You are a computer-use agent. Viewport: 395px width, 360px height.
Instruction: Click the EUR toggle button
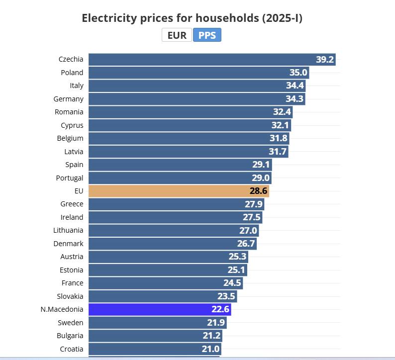(x=177, y=35)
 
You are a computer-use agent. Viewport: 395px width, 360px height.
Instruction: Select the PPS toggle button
(x=207, y=35)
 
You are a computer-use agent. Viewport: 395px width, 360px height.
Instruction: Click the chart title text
(x=192, y=18)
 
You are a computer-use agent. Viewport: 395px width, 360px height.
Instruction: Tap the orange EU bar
(x=179, y=191)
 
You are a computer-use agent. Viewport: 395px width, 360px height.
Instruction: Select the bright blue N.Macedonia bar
(x=160, y=309)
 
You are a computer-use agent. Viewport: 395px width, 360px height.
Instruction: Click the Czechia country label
(x=71, y=59)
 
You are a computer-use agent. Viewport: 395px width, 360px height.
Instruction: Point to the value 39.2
(x=324, y=60)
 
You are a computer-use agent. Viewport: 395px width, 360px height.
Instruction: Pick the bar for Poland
(x=198, y=73)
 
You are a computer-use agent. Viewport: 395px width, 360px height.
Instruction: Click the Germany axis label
(x=69, y=99)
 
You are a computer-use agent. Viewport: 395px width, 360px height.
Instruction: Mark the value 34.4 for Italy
(x=294, y=86)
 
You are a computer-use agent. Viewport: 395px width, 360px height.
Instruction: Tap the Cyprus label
(x=72, y=125)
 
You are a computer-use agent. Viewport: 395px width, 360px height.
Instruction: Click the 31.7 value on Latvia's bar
(x=278, y=152)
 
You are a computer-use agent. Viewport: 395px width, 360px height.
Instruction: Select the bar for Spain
(x=180, y=165)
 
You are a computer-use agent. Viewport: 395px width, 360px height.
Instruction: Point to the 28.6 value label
(x=259, y=191)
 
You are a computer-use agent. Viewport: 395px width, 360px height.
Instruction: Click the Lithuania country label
(x=68, y=230)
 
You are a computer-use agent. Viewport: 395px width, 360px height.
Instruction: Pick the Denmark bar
(x=172, y=244)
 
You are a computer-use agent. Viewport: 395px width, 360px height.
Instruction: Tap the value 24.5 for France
(x=232, y=283)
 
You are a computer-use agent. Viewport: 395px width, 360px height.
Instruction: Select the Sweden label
(x=71, y=323)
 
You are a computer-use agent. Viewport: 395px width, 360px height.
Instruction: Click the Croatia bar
(x=154, y=349)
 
